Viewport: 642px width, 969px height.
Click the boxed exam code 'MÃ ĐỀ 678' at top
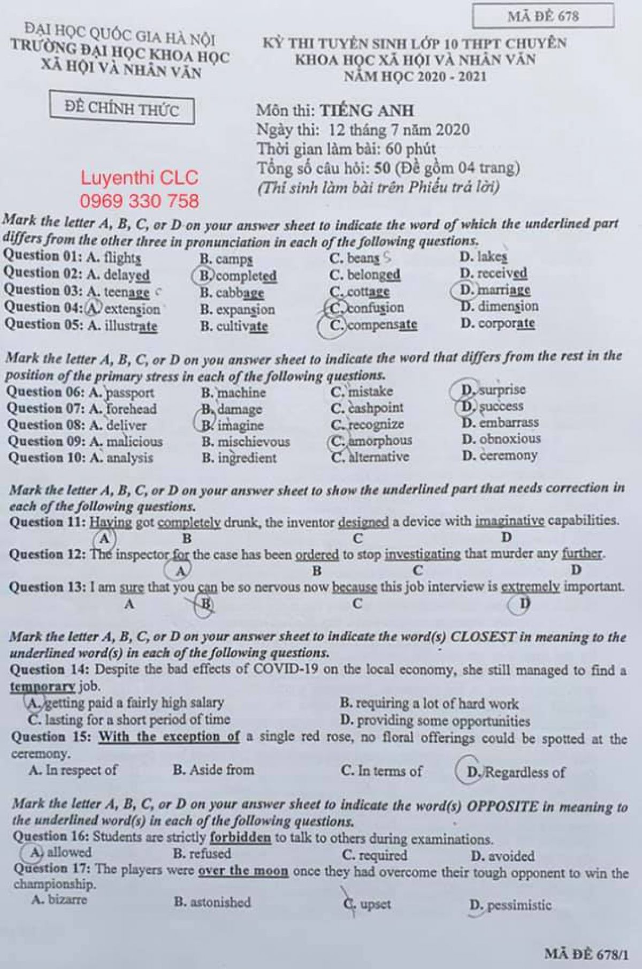click(x=542, y=16)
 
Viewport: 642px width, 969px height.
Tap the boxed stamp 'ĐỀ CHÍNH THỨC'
click(x=121, y=110)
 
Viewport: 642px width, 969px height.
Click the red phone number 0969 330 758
click(x=139, y=201)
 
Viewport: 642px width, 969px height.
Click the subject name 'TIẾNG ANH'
click(x=367, y=111)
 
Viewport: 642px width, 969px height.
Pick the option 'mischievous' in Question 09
click(x=254, y=442)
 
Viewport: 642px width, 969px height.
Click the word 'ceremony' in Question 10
click(x=508, y=456)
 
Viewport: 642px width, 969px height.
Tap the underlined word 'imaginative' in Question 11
click(x=509, y=521)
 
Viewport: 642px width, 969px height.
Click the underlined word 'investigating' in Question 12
click(x=422, y=554)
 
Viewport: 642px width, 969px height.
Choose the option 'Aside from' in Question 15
click(x=221, y=770)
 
